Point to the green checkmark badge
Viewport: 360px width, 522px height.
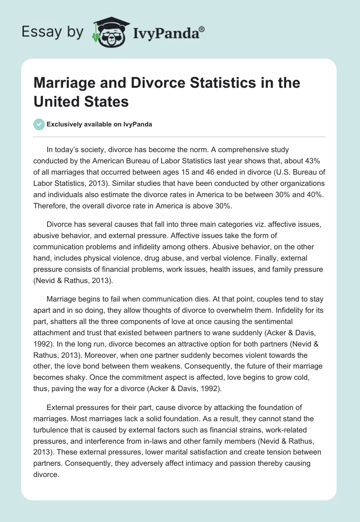39,125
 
